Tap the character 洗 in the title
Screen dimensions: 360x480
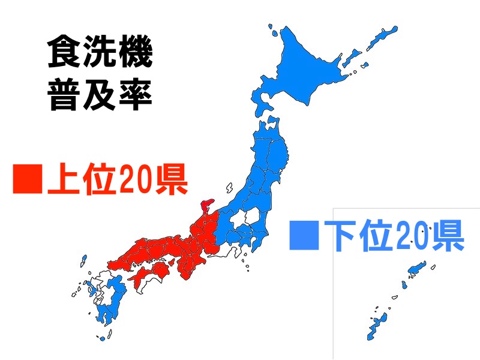click(x=100, y=53)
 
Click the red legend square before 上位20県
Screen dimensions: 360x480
click(x=28, y=178)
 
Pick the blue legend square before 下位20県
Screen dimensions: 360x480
click(x=303, y=235)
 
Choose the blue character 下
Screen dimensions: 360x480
click(x=340, y=235)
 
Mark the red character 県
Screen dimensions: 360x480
click(x=171, y=178)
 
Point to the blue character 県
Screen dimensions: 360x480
click(x=447, y=235)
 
